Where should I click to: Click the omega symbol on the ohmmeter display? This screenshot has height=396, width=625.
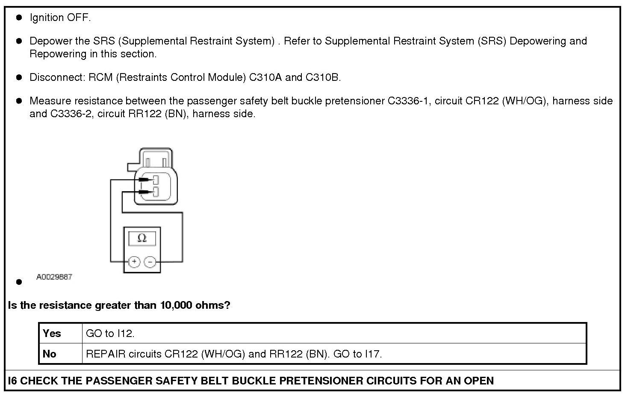click(x=142, y=238)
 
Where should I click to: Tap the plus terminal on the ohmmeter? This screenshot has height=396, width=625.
click(x=134, y=261)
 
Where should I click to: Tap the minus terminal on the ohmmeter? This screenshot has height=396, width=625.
click(x=150, y=261)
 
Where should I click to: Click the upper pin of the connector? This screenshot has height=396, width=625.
click(x=156, y=180)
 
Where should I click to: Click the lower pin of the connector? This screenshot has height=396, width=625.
click(x=156, y=191)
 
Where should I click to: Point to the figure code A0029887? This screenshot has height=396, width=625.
click(x=54, y=277)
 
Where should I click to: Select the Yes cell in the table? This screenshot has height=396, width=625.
click(x=52, y=333)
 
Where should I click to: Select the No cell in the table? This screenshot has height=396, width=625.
click(x=50, y=354)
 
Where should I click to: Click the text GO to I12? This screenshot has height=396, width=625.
click(x=110, y=333)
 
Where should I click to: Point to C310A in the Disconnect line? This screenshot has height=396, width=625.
click(x=265, y=77)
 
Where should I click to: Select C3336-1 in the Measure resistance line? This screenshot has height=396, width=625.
click(x=408, y=101)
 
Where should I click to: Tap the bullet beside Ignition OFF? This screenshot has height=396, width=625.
click(x=19, y=18)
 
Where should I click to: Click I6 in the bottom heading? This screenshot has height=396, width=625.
click(x=12, y=381)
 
